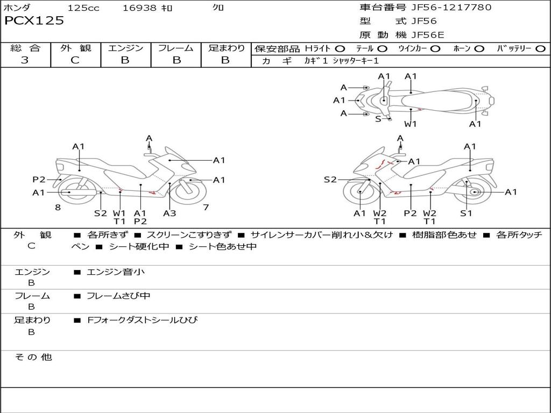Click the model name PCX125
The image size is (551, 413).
[34, 21]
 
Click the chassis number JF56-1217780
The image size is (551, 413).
[451, 8]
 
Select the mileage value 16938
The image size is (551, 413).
[139, 8]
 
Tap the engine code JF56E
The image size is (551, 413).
[428, 35]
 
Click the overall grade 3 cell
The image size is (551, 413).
[25, 60]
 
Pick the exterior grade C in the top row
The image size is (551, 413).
[75, 60]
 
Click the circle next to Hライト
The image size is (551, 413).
[340, 49]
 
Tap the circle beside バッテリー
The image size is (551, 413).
[540, 49]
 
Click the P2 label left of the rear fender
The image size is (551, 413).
[39, 180]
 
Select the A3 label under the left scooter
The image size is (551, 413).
[169, 213]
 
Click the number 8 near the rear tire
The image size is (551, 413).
[58, 208]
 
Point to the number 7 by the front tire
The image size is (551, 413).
[206, 208]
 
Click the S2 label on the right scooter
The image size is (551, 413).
[330, 180]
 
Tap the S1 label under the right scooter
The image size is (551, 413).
[466, 213]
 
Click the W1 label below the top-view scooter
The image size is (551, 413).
[411, 124]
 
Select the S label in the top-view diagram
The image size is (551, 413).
[378, 119]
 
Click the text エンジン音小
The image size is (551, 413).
[116, 272]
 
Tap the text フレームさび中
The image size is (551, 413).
[118, 296]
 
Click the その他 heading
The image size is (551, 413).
[33, 357]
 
